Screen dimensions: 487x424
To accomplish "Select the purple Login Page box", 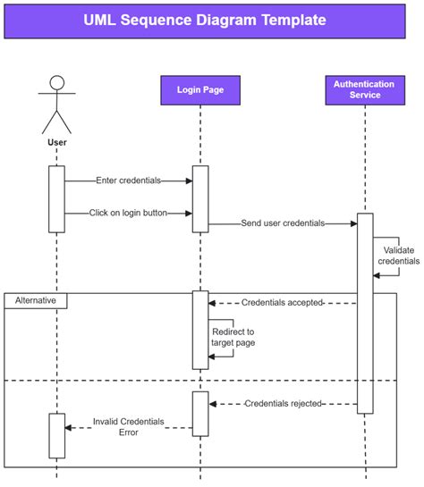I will tap(199, 89).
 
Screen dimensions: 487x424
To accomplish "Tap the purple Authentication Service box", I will tap(364, 89).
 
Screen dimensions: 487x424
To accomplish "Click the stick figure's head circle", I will tap(57, 83).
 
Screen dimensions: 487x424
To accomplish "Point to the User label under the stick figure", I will tap(56, 141).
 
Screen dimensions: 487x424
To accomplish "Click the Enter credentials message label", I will tap(128, 181).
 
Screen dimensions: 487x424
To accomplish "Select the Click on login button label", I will tap(128, 213).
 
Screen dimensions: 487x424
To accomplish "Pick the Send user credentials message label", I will tap(283, 223).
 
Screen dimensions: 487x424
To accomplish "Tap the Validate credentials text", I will tap(401, 256).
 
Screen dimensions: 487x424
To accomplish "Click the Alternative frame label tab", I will tap(36, 301).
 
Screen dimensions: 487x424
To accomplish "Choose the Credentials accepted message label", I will tap(282, 303).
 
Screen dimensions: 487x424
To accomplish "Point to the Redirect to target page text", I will tap(233, 337).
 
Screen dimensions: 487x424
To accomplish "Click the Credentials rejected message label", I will tap(283, 404).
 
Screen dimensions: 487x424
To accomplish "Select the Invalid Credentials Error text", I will tap(128, 426).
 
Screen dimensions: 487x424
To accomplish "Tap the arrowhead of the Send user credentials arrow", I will tap(353, 223).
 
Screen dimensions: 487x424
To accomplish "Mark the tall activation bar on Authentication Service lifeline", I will tap(365, 313).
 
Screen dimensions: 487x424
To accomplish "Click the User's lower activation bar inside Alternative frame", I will tap(56, 435).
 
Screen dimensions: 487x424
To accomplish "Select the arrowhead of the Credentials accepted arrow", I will tap(214, 303).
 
